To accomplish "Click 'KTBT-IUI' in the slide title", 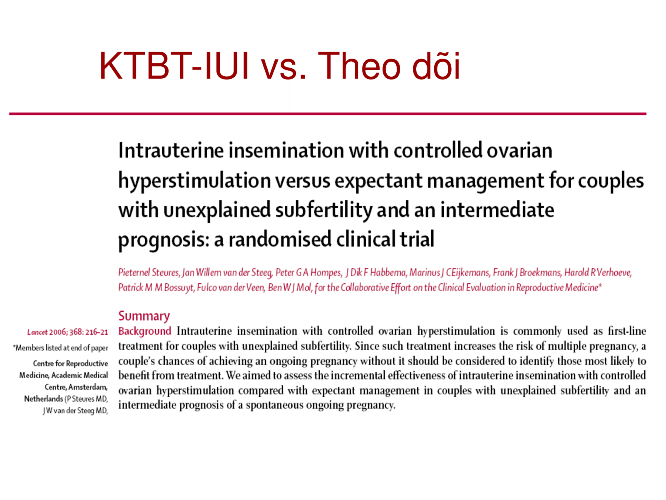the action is [x=174, y=66].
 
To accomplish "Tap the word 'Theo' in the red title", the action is [x=359, y=66].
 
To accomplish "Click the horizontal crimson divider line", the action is [x=328, y=114].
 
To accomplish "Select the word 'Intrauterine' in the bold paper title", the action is [x=171, y=150].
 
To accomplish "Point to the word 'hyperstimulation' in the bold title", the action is [x=194, y=181].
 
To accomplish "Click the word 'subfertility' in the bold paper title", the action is [x=324, y=210].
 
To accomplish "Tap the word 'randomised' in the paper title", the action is [x=280, y=239].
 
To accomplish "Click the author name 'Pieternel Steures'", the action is [x=149, y=272].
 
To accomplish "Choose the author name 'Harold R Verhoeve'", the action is [x=598, y=272].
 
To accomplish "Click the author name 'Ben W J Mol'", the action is [x=290, y=287].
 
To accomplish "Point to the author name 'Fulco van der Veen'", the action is [x=231, y=287].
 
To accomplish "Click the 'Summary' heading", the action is [x=144, y=316].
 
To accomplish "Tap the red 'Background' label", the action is [x=145, y=331].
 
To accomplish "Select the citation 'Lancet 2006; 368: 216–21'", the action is [x=68, y=332].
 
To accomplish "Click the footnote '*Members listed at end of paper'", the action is [x=60, y=347].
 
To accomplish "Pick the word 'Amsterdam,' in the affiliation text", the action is [x=88, y=387].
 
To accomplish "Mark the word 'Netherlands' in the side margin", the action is [x=43, y=399].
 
